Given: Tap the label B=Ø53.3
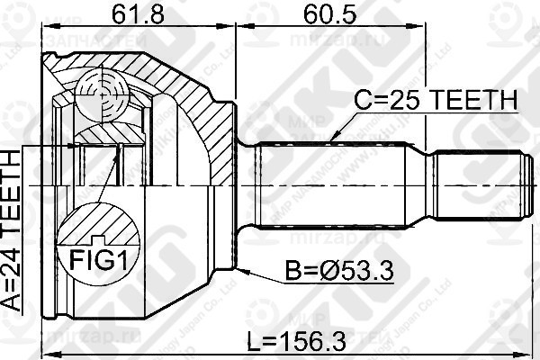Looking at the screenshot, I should pyautogui.click(x=340, y=270).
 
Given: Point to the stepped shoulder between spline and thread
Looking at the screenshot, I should pyautogui.click(x=430, y=190).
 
